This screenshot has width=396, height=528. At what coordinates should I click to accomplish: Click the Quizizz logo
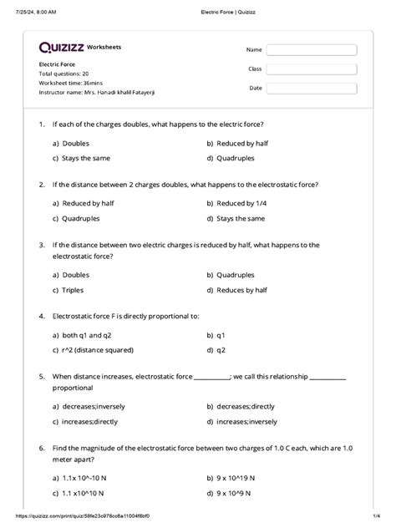point(61,48)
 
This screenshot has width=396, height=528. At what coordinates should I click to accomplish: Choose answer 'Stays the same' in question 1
point(82,157)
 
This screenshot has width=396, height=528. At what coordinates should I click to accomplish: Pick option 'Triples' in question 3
point(74,290)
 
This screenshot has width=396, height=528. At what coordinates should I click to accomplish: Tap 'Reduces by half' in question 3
point(241,290)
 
